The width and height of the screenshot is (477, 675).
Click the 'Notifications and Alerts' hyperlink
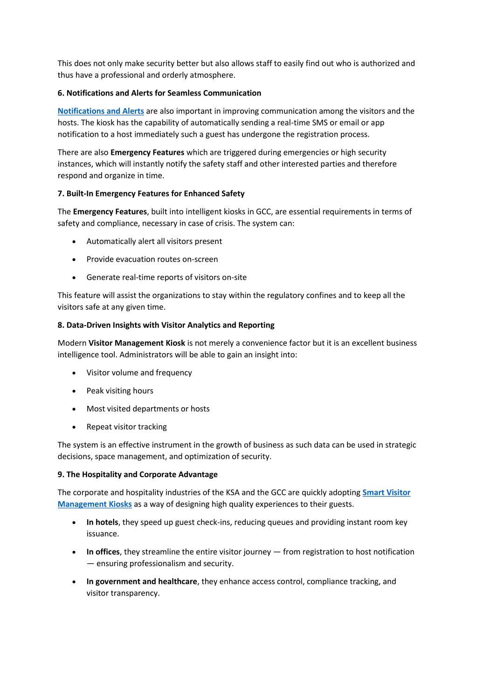(101, 111)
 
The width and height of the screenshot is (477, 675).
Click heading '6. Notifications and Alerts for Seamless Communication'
(159, 93)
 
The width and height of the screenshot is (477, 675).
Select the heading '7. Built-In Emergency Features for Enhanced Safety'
(151, 194)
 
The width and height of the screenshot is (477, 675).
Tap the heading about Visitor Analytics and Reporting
(166, 325)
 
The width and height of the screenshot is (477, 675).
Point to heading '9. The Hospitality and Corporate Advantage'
(138, 474)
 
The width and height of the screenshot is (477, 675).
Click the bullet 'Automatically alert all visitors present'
(154, 241)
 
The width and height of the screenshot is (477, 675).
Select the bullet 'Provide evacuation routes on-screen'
(152, 259)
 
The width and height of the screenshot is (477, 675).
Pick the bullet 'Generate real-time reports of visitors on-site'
(166, 277)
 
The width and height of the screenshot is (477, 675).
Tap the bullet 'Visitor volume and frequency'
(139, 373)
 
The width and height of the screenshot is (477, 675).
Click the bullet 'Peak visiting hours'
(120, 391)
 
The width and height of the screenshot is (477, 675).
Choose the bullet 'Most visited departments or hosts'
(148, 409)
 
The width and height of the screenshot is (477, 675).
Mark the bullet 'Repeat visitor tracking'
(126, 427)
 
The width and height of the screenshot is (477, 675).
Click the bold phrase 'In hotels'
(102, 522)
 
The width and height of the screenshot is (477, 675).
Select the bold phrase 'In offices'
(103, 552)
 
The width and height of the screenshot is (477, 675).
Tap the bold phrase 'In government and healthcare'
(142, 582)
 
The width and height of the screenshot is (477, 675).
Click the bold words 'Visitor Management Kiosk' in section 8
(137, 343)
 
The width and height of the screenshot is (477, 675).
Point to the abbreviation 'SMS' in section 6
(320, 123)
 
